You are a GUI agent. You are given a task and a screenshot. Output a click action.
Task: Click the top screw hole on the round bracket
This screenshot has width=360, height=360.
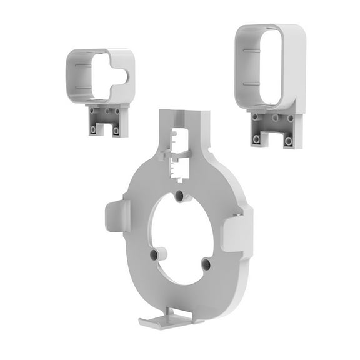point(179,196)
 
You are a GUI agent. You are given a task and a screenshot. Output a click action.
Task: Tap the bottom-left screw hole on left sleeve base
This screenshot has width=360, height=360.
point(94,129)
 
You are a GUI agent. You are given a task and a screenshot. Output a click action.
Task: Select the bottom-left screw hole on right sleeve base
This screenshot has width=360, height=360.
point(256,139)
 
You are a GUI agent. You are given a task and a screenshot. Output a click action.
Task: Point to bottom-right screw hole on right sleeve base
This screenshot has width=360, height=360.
point(288,141)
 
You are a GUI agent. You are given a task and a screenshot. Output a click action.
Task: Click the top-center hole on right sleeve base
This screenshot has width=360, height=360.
point(274,117)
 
